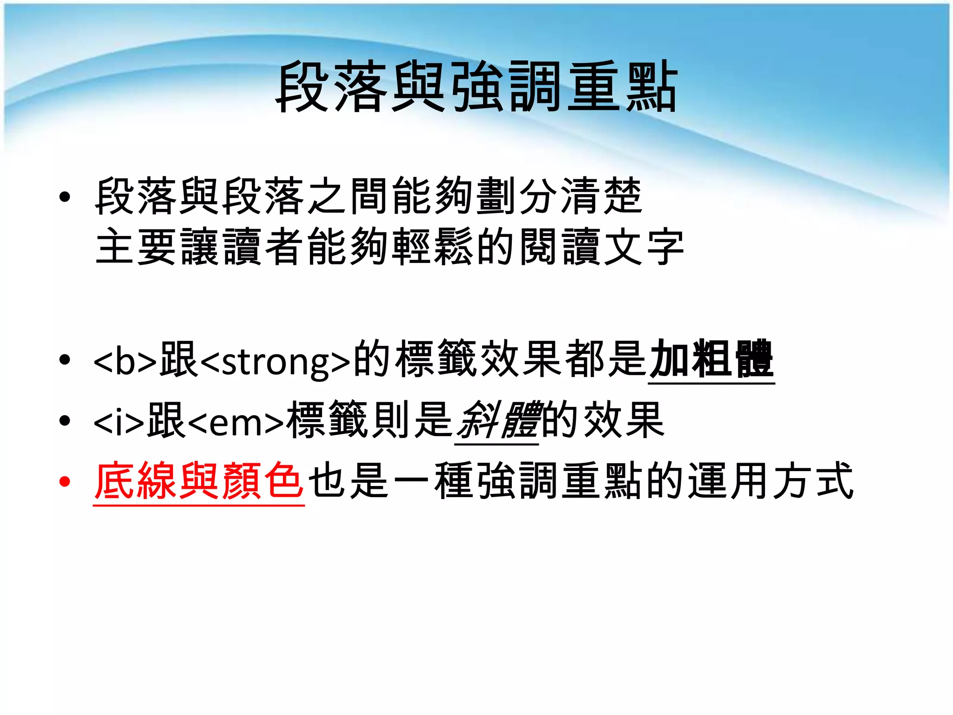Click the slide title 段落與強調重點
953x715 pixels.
[476, 87]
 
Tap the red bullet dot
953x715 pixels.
[65, 482]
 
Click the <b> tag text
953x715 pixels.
[126, 361]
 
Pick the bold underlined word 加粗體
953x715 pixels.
[711, 359]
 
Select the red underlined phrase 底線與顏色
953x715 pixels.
[199, 481]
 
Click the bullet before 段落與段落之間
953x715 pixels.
[65, 197]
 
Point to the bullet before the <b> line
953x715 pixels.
[65, 360]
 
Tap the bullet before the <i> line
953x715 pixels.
[65, 421]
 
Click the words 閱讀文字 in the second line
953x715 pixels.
[601, 247]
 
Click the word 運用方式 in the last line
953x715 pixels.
[771, 481]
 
